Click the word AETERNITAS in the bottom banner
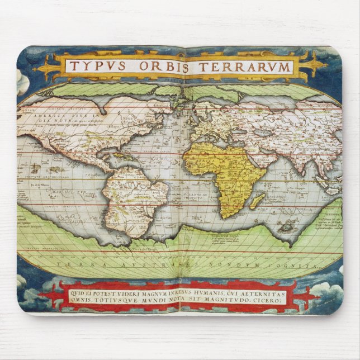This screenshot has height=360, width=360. point(261,292)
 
